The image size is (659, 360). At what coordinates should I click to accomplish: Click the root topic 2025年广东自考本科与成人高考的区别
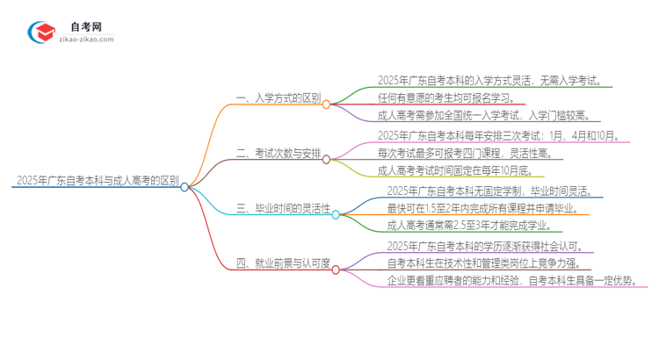click(97, 183)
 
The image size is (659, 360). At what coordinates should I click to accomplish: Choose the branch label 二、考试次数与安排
click(279, 155)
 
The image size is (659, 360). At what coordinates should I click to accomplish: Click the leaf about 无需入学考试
click(489, 81)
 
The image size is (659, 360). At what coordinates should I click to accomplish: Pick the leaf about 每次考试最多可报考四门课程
click(464, 153)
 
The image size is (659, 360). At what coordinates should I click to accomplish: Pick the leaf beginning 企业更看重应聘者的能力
click(517, 281)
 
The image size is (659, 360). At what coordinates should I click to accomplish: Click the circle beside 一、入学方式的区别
click(326, 104)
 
